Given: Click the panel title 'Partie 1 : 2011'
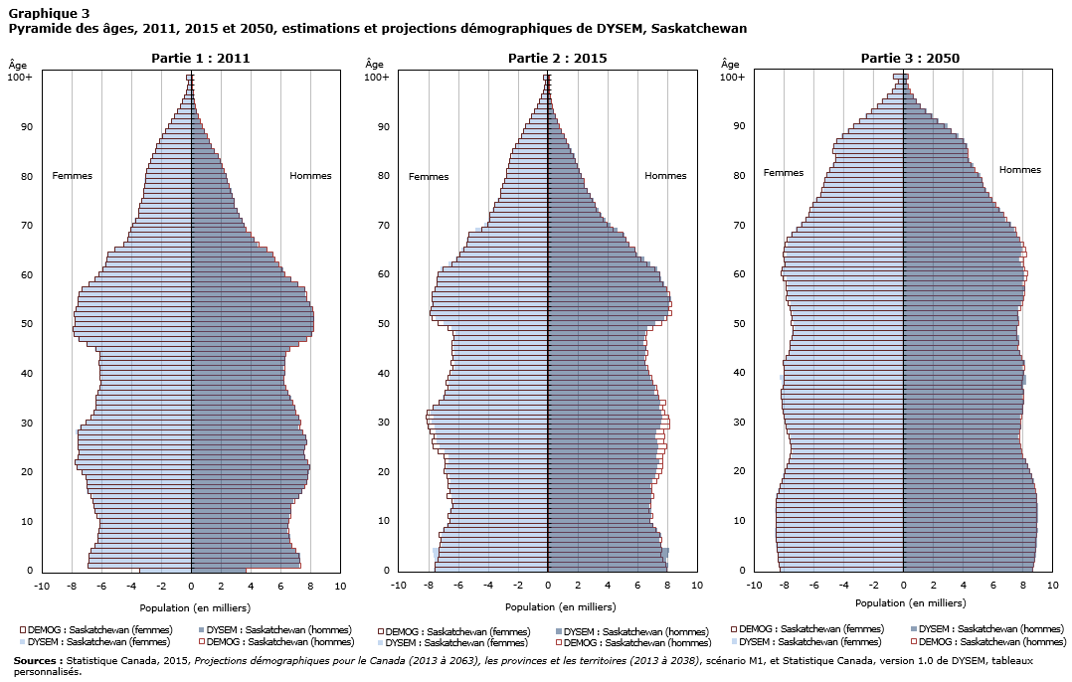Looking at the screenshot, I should (200, 59).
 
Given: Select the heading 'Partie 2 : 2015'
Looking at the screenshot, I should (557, 59).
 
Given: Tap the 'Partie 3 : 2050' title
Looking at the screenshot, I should (910, 59).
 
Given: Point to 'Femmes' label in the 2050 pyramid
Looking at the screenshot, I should (784, 173).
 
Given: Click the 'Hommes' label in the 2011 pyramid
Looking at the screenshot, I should (310, 176).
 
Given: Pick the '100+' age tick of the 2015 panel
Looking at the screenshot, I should (376, 77).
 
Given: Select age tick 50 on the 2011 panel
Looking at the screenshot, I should (27, 324).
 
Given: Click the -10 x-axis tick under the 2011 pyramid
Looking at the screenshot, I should (42, 587).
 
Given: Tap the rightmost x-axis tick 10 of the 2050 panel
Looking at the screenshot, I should (1052, 587).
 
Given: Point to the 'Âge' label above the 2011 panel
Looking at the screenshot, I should (18, 65).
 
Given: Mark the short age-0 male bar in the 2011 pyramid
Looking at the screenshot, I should (219, 570).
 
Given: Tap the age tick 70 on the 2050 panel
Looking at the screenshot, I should (739, 225).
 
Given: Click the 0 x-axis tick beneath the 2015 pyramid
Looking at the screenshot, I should (548, 587).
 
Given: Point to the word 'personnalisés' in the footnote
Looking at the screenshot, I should (47, 672).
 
